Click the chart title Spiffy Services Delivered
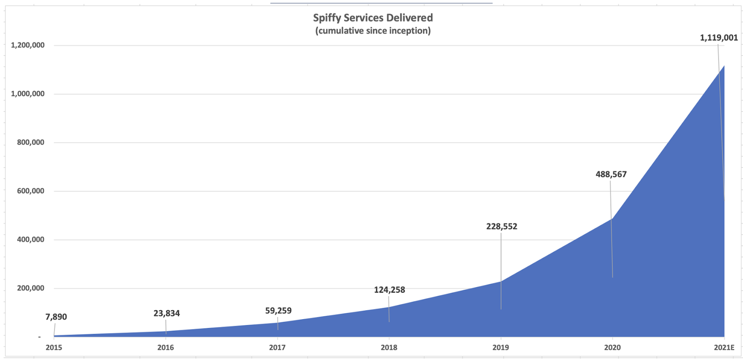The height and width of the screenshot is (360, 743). tap(373, 18)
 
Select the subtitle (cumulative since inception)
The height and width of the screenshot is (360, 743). tap(373, 31)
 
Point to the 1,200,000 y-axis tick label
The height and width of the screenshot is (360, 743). tap(27, 45)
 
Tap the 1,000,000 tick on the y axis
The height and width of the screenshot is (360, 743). tap(27, 94)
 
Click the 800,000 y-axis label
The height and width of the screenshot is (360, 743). tap(31, 142)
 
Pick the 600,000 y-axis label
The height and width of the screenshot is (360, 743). tap(31, 191)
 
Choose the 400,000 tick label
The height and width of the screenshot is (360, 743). tap(31, 240)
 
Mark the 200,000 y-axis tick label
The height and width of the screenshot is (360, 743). tap(31, 288)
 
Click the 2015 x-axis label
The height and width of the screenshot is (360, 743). tap(54, 348)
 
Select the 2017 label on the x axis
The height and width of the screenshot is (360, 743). tap(277, 348)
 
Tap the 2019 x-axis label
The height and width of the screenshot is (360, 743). tap(501, 348)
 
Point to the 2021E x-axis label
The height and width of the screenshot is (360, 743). tap(724, 348)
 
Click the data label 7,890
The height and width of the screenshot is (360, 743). tap(56, 317)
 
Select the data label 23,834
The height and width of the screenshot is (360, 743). tap(167, 314)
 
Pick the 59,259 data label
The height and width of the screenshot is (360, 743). tap(278, 311)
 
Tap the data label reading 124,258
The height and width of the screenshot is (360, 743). tap(390, 290)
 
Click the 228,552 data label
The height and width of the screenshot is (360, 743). tap(502, 227)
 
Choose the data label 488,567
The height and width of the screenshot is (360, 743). tap(611, 175)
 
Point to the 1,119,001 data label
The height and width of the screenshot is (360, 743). tap(719, 38)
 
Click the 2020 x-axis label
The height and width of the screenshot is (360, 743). tap(613, 348)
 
